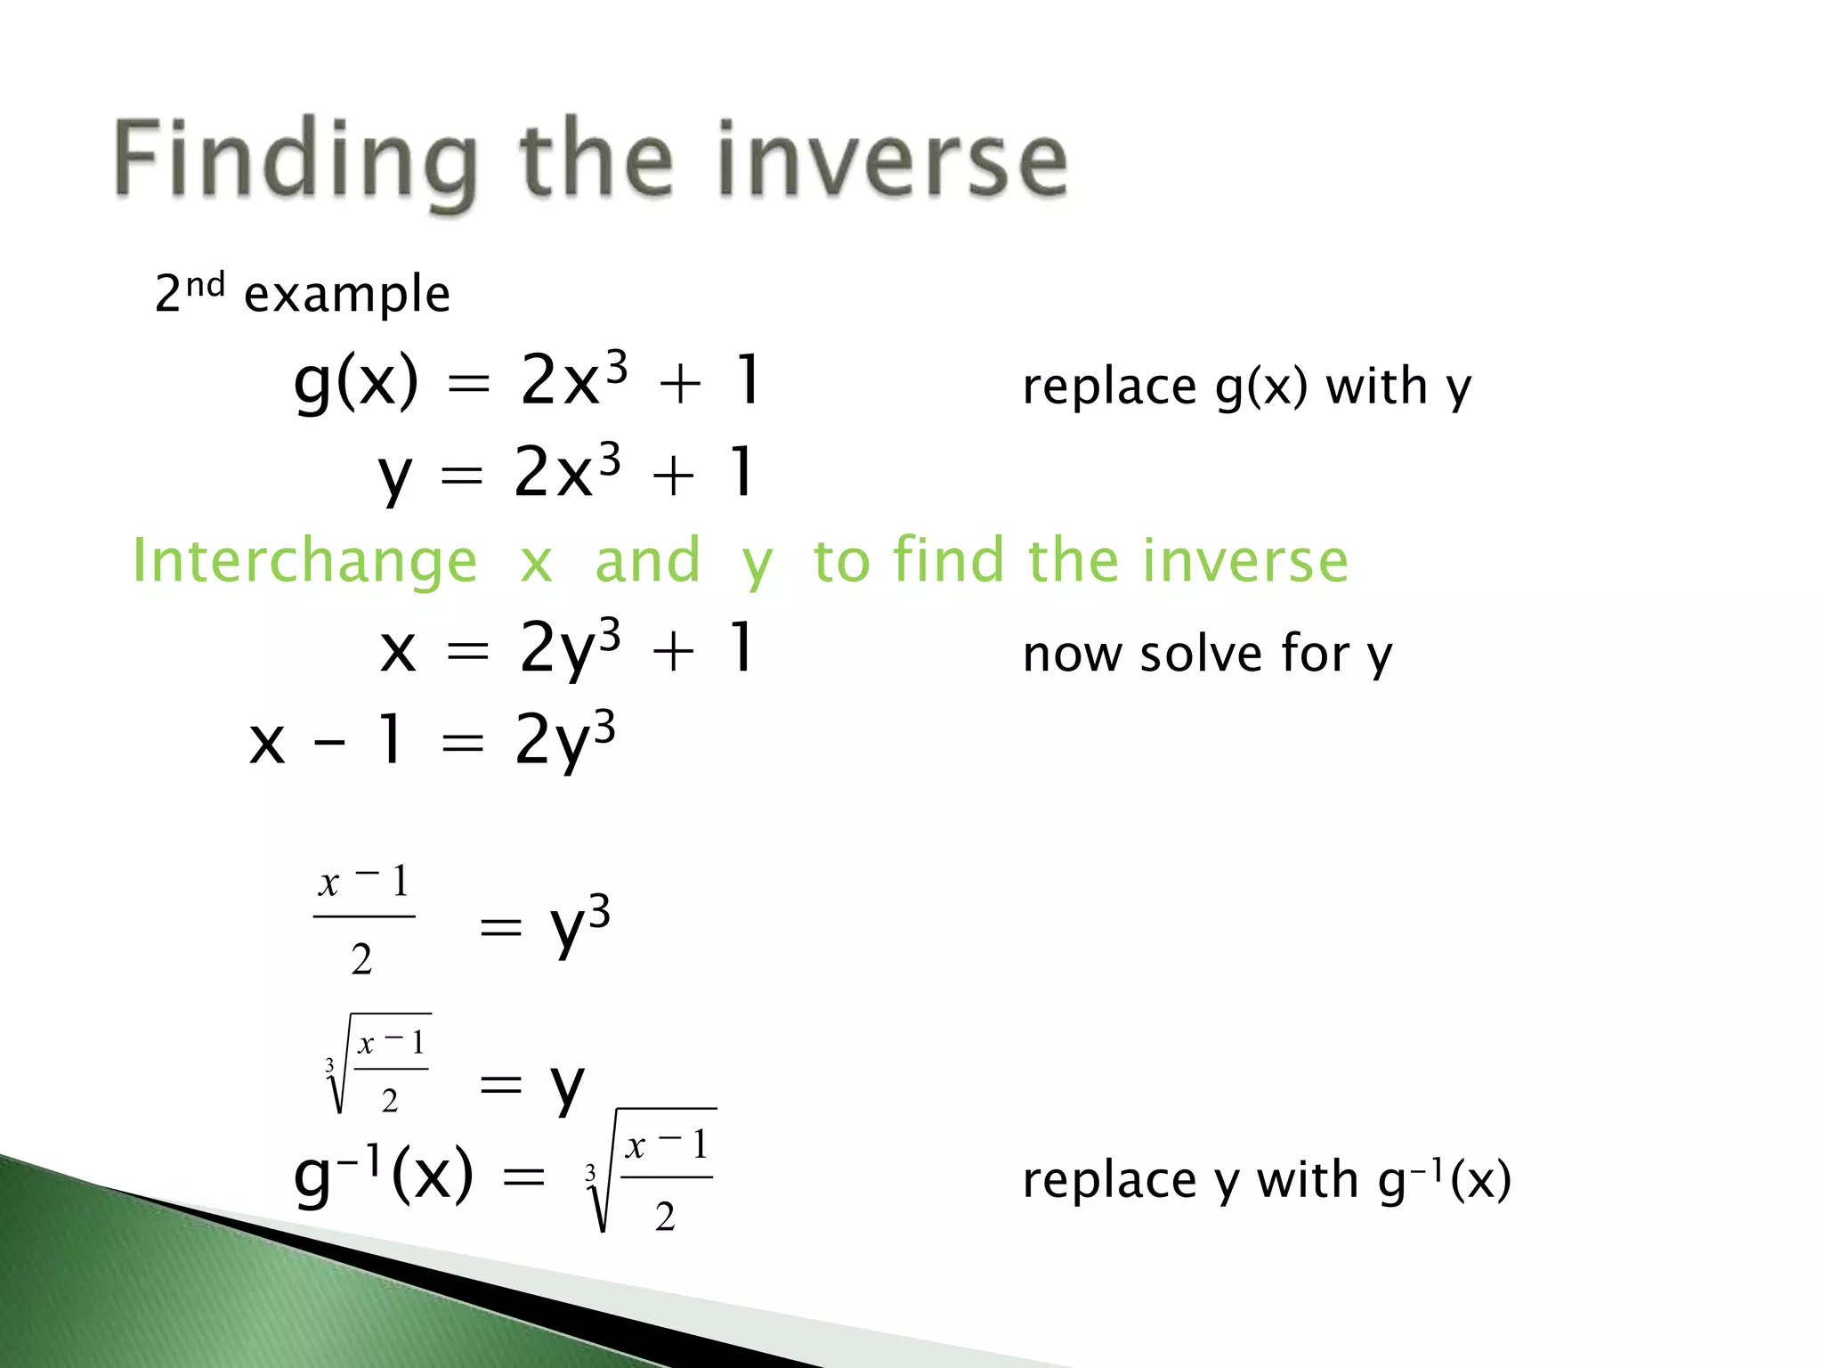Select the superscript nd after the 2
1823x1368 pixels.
[205, 285]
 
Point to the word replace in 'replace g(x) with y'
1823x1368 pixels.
[1109, 387]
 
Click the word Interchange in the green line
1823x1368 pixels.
[304, 561]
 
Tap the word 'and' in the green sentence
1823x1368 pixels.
[647, 561]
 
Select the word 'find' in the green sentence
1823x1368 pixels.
[948, 561]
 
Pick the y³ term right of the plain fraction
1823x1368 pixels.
[579, 926]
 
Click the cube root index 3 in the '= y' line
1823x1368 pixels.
[329, 1065]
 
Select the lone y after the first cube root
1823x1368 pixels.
[567, 1087]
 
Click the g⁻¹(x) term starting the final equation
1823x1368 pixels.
[383, 1176]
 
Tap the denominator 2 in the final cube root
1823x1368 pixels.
[665, 1217]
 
